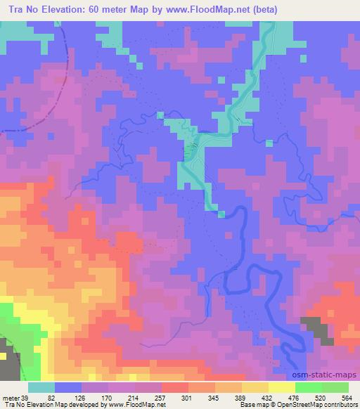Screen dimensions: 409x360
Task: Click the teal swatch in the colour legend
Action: [x=41, y=387]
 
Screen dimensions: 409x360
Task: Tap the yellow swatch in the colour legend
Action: [x=281, y=387]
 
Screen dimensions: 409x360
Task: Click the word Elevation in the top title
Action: [x=65, y=11]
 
